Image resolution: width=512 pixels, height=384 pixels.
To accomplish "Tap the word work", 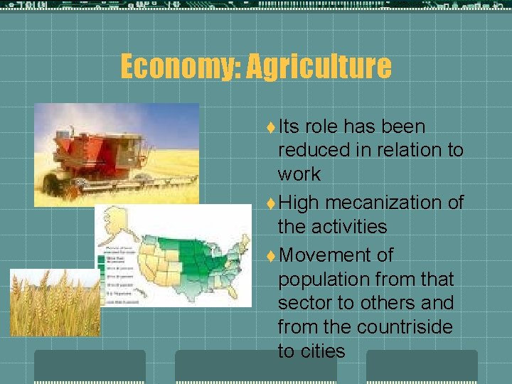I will click(x=299, y=174).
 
